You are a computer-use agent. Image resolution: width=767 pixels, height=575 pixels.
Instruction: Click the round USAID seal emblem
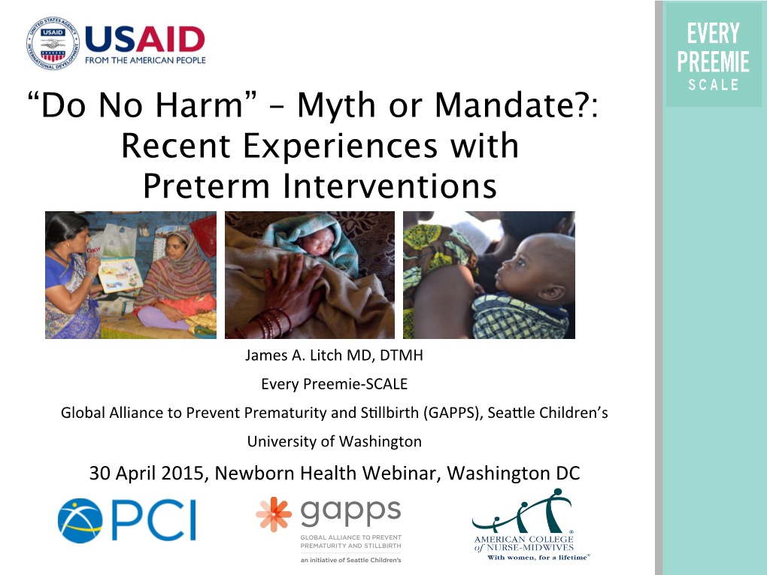click(53, 43)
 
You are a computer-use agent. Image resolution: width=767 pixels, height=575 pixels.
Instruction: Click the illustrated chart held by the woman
click(120, 274)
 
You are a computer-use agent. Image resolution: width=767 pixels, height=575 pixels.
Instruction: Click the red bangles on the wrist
click(271, 322)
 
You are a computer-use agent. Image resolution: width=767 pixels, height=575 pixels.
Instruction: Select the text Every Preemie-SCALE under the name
click(334, 384)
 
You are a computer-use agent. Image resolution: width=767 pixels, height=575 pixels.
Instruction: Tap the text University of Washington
click(334, 441)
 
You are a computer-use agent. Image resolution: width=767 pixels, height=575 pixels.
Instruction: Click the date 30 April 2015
click(147, 474)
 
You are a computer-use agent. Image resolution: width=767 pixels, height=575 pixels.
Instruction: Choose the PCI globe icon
click(80, 521)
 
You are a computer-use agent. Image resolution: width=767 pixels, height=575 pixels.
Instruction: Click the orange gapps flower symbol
click(274, 514)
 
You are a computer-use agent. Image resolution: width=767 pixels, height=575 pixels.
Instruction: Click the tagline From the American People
click(145, 60)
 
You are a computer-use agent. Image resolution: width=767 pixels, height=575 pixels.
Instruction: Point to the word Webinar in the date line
click(399, 474)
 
